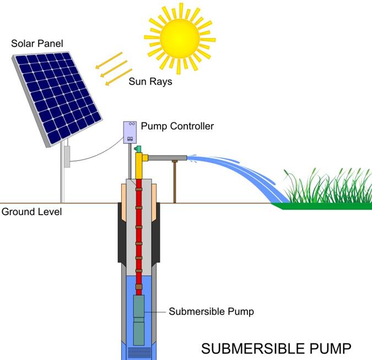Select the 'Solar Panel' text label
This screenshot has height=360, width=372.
point(35,42)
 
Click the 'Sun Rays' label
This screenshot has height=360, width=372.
point(150,82)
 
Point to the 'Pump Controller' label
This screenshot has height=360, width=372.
point(177,126)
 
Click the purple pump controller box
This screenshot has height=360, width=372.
point(131,132)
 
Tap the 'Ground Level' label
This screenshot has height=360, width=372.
point(31,212)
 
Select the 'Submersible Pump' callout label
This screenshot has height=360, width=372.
point(212,311)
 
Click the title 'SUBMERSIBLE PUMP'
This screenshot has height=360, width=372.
point(276,349)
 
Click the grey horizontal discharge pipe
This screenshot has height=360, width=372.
point(168,158)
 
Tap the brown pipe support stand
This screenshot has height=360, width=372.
point(174,182)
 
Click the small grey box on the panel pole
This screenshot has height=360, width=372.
point(66,157)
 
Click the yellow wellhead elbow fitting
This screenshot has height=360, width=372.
point(142,160)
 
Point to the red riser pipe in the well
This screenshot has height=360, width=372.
point(139,232)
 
